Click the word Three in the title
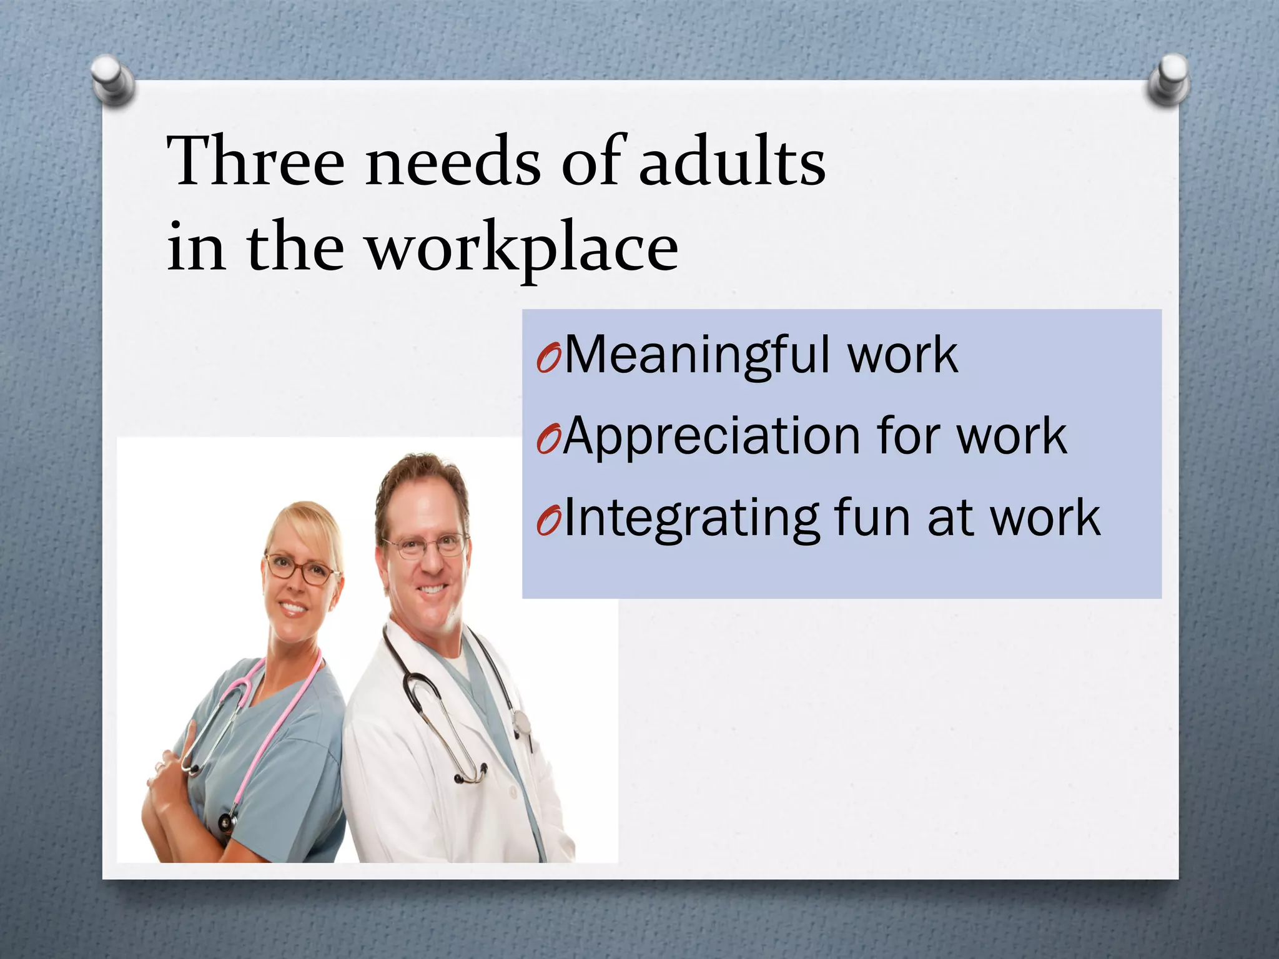(256, 161)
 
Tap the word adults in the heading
(732, 161)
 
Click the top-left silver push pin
(112, 80)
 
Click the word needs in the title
(453, 161)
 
